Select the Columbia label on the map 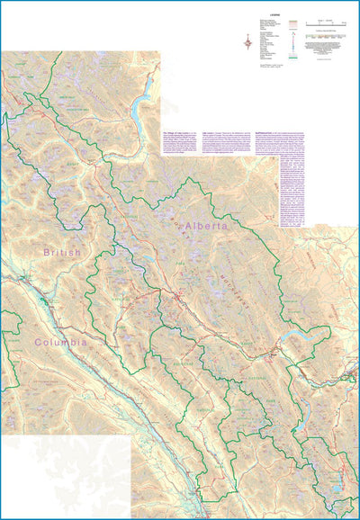click(x=60, y=342)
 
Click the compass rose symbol click(x=247, y=39)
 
